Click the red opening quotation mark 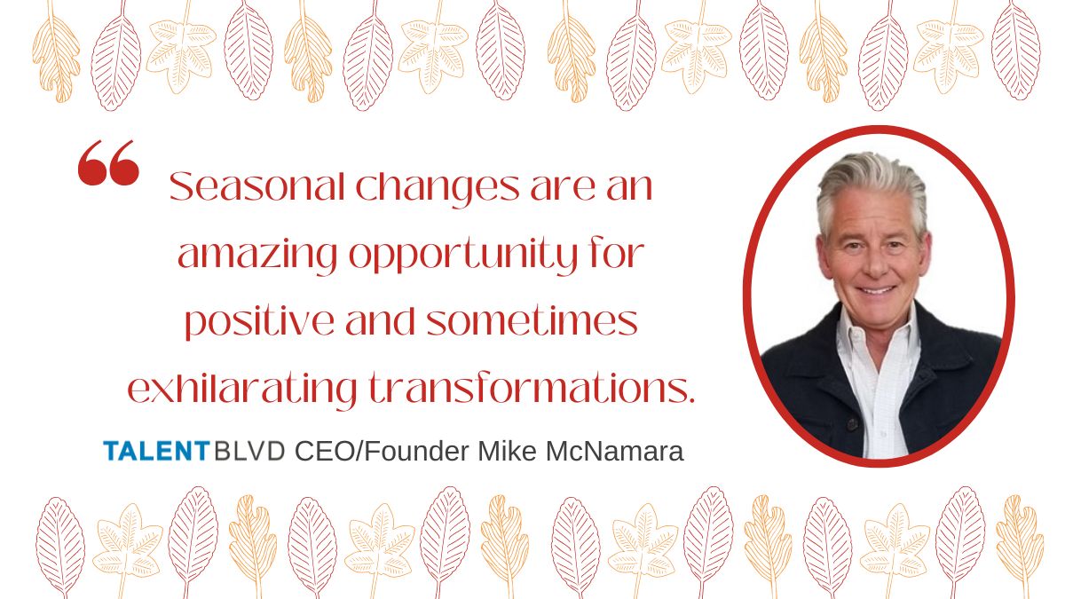pos(108,162)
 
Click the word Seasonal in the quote pos(256,186)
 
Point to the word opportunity pos(463,256)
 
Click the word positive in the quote pos(259,323)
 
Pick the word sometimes pos(532,321)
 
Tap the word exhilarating pos(242,390)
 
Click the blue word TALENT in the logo pos(156,451)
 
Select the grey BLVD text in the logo pos(249,451)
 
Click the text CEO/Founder pos(382,451)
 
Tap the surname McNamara pos(615,451)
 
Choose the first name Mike pos(508,451)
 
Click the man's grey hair pos(872,185)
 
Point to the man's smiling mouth pos(876,290)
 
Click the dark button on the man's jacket pos(852,423)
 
